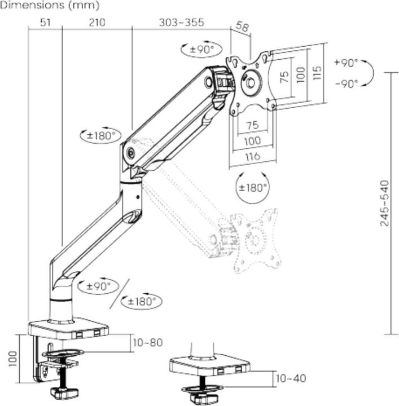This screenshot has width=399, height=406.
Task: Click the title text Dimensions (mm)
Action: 50,6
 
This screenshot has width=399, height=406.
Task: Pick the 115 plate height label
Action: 317,72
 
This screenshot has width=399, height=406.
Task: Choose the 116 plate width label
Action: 253,156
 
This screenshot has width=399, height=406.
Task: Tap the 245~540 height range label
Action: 384,203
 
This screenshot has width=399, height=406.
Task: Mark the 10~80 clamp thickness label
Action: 147,342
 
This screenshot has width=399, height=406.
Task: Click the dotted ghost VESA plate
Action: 257,239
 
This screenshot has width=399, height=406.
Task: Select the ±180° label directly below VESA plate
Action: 252,187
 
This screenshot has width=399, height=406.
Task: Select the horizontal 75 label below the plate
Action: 252,125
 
